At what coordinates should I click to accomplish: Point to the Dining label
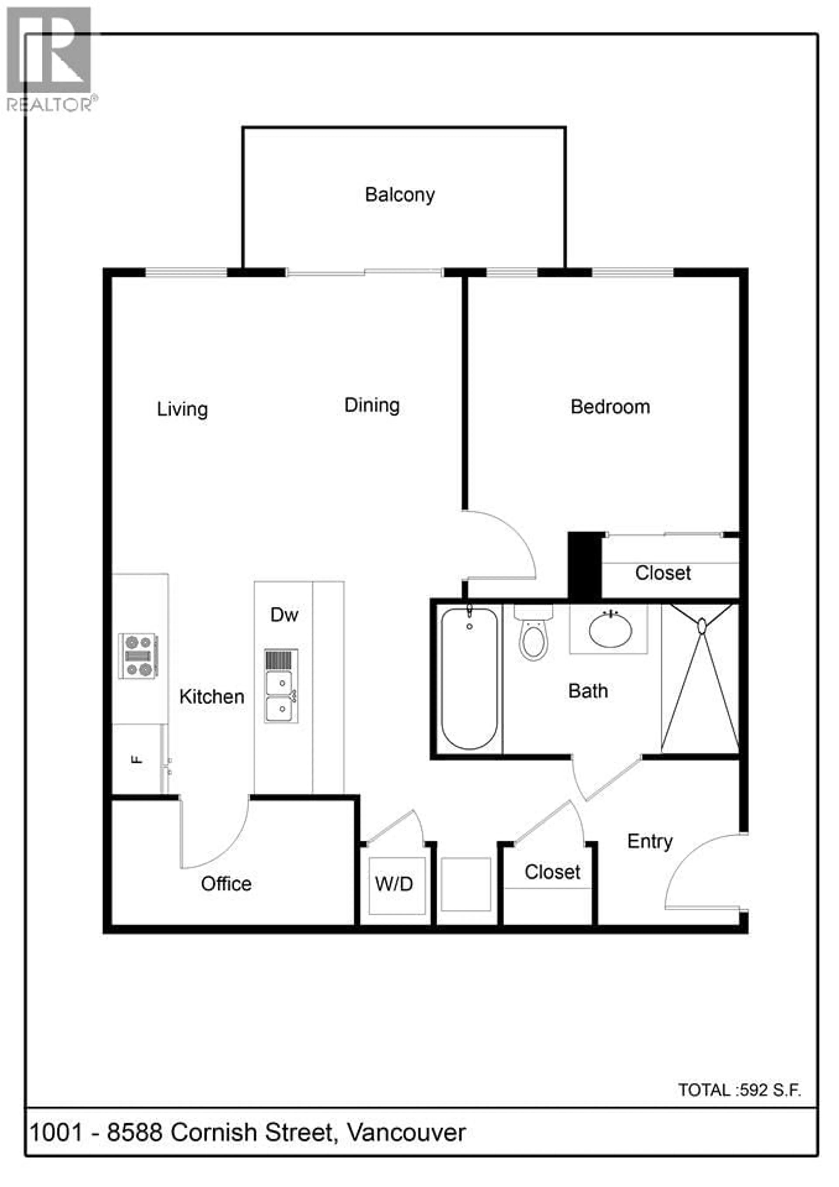pyautogui.click(x=372, y=405)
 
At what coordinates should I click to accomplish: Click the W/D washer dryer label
pyautogui.click(x=394, y=884)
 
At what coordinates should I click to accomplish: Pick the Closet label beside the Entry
pyautogui.click(x=552, y=872)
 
